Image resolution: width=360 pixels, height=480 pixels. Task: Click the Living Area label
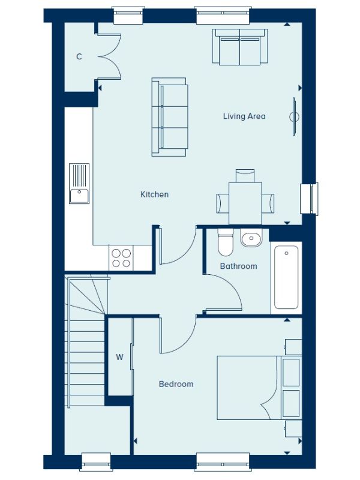244,116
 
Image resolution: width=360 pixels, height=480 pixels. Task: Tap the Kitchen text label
154,194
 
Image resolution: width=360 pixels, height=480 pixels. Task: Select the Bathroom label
238,266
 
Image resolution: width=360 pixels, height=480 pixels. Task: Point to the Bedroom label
176,384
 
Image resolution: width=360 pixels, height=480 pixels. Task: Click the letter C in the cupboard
79,56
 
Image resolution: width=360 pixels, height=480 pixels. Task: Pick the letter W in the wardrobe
119,357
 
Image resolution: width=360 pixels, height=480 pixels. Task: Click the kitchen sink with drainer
79,184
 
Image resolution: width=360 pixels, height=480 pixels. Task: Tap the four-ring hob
121,258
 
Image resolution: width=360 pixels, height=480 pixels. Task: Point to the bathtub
286,277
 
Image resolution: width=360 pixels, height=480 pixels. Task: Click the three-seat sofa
170,117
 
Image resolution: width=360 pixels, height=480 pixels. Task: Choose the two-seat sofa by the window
240,47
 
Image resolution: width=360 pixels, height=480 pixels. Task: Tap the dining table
245,203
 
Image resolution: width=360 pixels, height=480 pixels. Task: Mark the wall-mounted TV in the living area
294,116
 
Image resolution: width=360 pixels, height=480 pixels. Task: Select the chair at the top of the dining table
245,176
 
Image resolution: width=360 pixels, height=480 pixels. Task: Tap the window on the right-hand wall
309,198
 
